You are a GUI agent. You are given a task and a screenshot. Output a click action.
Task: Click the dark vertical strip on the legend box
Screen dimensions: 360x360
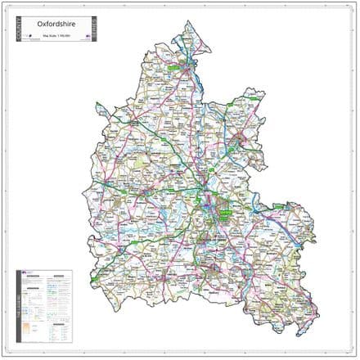pyautogui.click(x=20, y=308)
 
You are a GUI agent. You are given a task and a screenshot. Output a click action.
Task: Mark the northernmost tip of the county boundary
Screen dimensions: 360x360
pyautogui.click(x=189, y=20)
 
